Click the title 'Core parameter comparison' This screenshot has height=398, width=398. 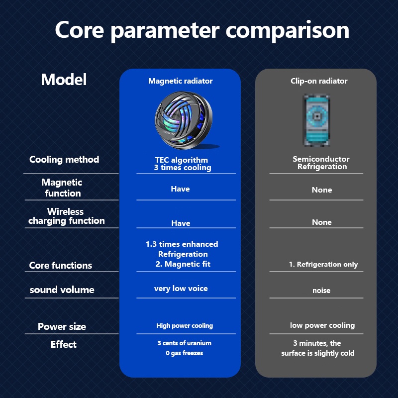202,30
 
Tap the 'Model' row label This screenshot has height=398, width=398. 64,80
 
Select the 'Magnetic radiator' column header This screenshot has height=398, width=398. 180,81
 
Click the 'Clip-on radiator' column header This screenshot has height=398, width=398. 319,81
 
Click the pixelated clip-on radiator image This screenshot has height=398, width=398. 317,120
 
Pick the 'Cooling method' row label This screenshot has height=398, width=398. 64,160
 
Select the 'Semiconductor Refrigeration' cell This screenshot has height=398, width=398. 321,163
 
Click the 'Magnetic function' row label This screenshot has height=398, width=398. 62,188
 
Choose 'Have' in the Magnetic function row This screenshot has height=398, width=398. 180,189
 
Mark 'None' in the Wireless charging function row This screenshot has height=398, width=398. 321,222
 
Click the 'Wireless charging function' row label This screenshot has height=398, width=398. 67,216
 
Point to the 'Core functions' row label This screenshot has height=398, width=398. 61,266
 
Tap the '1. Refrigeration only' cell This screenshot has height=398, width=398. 323,265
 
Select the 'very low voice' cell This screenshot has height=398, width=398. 181,289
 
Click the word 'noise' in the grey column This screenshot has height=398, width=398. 321,291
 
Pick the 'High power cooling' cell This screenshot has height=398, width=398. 185,326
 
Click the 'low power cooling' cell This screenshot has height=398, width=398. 322,325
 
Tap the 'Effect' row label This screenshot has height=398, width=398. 64,344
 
